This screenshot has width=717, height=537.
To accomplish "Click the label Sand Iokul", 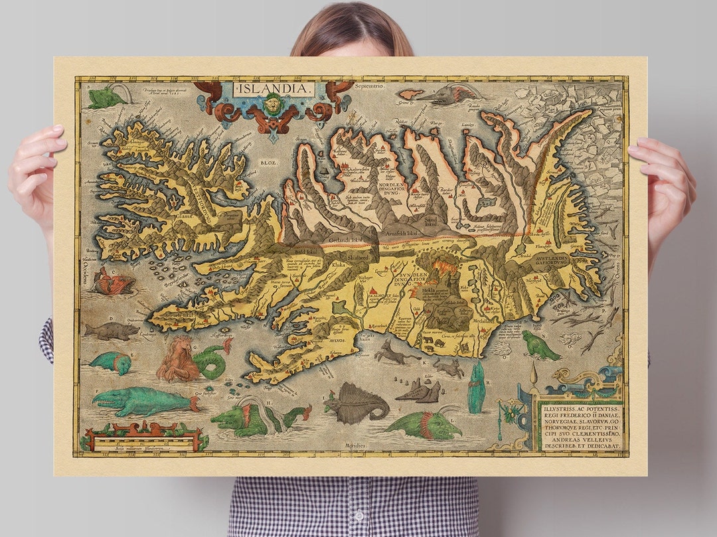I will click(433, 220).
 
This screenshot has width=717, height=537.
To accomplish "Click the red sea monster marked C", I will click(112, 283).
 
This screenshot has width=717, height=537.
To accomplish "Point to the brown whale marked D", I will click(112, 331).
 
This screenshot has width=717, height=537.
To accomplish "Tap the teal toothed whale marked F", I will click(142, 400).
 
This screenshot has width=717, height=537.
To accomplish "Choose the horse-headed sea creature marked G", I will click(179, 360).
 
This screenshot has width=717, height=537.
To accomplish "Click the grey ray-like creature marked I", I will click(356, 404).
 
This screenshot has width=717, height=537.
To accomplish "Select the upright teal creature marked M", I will click(476, 388).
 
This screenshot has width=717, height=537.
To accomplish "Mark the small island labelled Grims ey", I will click(410, 95).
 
